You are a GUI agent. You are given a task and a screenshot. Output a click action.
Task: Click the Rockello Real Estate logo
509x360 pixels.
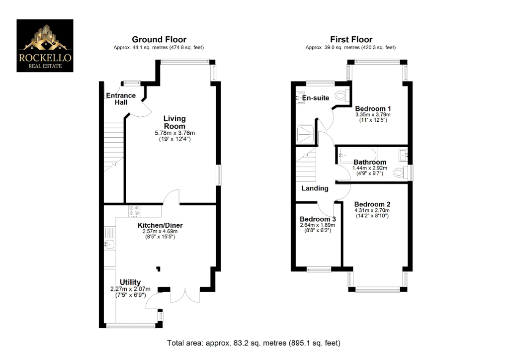(45, 46)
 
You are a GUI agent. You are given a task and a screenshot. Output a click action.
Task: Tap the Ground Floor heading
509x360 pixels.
(159, 40)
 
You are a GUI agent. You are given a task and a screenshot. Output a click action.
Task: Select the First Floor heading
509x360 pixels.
(351, 40)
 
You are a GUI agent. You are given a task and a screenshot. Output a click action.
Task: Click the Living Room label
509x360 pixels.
(174, 122)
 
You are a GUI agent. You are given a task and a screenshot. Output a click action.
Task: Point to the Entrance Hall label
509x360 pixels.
(120, 98)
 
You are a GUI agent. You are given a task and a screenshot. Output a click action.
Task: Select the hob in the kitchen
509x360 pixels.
(134, 211)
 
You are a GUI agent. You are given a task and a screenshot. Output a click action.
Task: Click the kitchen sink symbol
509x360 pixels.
(110, 244)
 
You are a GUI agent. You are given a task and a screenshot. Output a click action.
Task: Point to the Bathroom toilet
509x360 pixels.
(399, 173)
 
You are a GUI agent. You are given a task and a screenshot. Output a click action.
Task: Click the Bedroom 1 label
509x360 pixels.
(373, 108)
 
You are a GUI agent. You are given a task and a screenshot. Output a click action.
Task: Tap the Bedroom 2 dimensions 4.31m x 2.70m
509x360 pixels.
(372, 210)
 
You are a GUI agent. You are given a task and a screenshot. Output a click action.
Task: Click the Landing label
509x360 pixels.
(315, 188)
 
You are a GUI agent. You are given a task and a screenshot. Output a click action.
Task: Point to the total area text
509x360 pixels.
(254, 343)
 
